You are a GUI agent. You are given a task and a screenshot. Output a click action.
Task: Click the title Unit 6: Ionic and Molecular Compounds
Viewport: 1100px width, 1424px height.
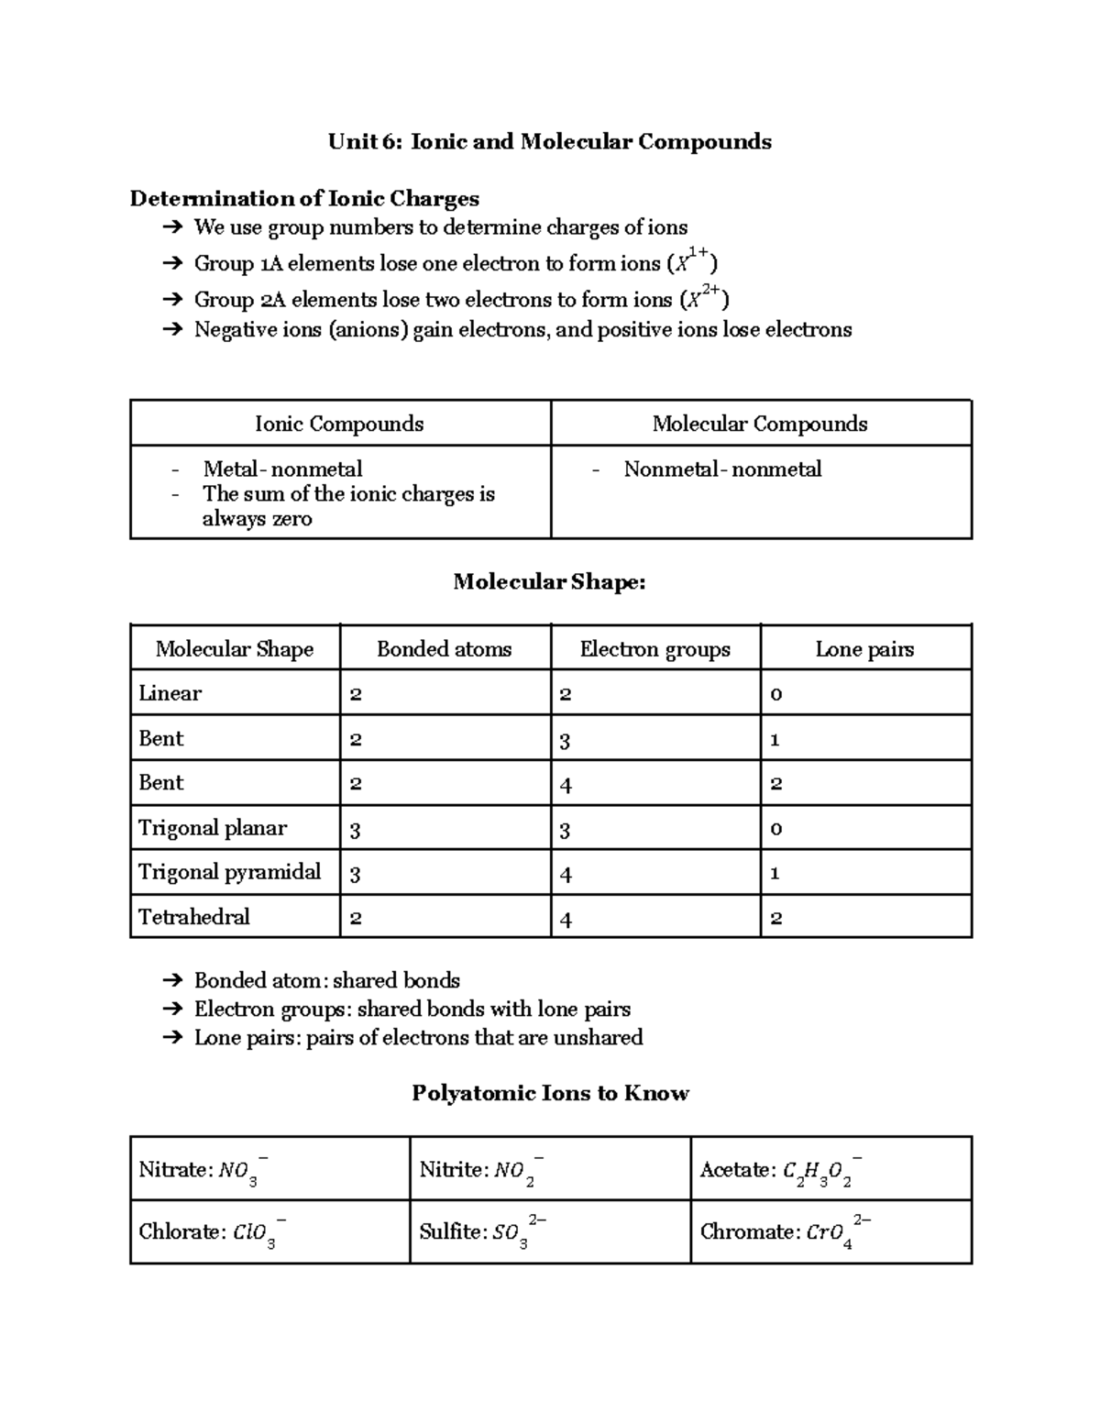tap(550, 141)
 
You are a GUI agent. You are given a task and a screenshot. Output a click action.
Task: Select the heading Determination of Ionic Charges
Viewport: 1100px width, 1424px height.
tap(304, 198)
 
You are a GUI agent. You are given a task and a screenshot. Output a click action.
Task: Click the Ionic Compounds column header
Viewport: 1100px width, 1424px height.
tap(339, 424)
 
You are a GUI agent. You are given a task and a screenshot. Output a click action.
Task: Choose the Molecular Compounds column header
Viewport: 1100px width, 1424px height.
tap(760, 424)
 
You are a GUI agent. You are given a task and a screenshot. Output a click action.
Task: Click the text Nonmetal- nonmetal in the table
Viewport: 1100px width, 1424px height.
tap(722, 469)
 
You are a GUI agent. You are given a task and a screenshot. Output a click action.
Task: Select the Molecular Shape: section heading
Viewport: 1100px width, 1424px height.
tap(549, 581)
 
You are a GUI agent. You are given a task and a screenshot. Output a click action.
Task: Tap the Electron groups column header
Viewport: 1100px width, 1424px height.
tap(654, 649)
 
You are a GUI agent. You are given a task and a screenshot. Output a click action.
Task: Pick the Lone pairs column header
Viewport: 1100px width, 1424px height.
tap(864, 649)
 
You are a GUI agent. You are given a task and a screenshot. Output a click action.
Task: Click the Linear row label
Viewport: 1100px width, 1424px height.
tap(170, 693)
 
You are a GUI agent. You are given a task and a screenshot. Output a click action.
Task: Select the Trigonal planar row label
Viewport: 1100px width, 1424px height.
tap(213, 828)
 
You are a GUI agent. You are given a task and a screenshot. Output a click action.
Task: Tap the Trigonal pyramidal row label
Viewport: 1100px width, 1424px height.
tap(229, 872)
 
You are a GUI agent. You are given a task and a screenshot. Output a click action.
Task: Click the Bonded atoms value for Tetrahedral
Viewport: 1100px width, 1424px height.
tap(356, 918)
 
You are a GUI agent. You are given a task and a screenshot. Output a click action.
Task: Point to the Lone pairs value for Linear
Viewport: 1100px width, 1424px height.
tap(776, 694)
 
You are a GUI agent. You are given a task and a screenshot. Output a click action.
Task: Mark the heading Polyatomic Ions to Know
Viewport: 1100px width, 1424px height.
tap(550, 1093)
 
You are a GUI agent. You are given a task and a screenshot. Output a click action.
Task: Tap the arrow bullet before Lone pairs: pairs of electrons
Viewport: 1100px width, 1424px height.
tap(171, 1038)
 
